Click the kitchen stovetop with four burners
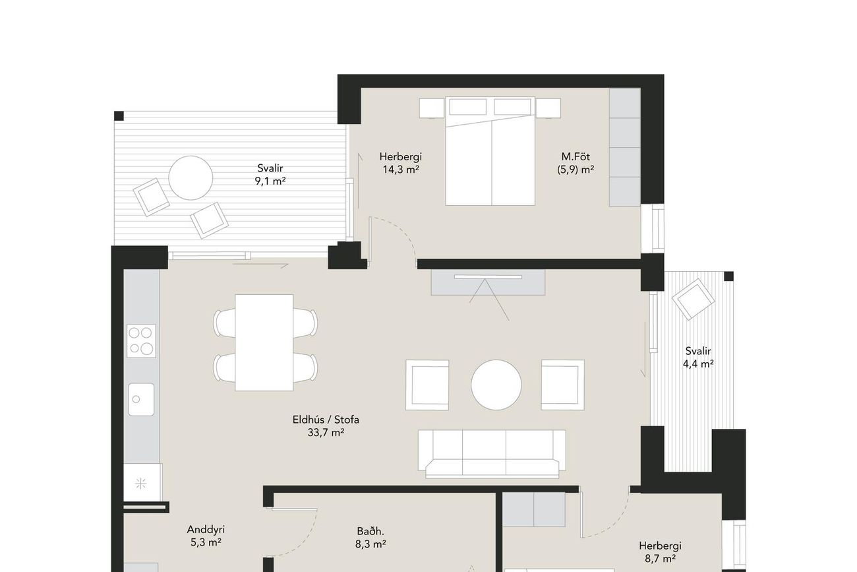pos(141,340)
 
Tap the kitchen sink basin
pos(141,399)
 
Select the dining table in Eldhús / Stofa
pos(264,342)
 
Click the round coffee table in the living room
pos(496,385)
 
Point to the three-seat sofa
pos(492,454)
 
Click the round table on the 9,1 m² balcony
pos(191,177)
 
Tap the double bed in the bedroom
pos(490,151)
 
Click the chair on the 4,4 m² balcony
pos(694,300)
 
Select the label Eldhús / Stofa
pos(326,420)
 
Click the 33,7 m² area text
pos(326,433)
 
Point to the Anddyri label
pos(206,530)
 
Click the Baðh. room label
pos(370,531)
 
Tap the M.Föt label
pos(576,156)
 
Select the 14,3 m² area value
pos(401,170)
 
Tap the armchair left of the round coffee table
pos(427,385)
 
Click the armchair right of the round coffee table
pos(563,385)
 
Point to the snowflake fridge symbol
pos(141,484)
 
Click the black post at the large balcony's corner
pos(119,115)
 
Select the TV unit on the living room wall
pos(488,282)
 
